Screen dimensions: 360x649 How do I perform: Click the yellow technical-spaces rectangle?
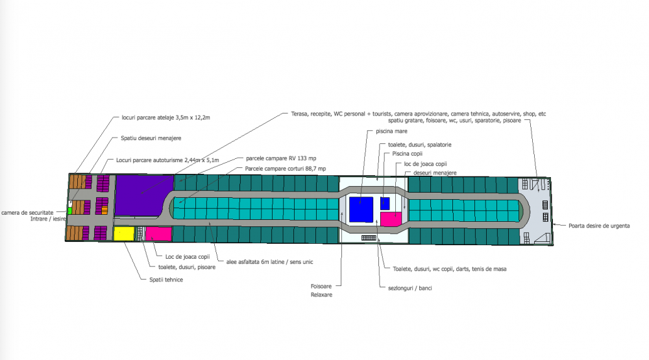pos(123,234)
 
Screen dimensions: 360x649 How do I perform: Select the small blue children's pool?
pos(385,202)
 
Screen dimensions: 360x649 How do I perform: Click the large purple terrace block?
pos(138,195)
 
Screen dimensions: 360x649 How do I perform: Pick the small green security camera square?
pos(69,210)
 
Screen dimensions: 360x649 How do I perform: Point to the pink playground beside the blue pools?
pos(391,219)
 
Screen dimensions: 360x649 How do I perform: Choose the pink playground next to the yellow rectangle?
pos(158,234)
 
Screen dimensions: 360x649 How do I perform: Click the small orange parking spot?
pos(104,210)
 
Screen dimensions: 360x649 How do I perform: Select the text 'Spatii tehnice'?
pos(162,280)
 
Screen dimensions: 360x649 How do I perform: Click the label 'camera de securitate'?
pos(27,212)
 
